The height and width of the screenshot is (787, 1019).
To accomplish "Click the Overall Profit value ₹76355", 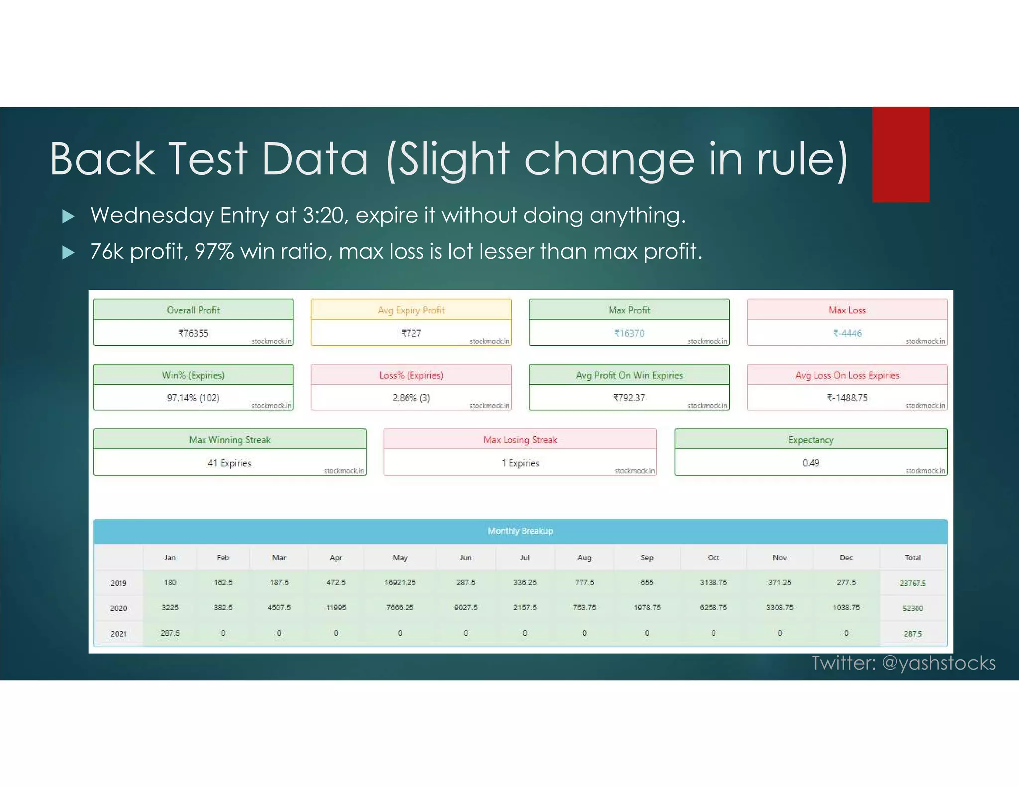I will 193,333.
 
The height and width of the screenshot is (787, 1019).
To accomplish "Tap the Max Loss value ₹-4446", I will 847,333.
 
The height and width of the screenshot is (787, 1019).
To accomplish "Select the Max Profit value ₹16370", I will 629,333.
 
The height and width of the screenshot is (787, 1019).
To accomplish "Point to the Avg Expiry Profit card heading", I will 411,310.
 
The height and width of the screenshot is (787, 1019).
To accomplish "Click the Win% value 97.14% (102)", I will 193,398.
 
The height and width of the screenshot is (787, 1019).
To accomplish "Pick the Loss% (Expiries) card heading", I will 411,375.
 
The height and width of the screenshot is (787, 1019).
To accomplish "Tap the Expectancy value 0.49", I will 811,463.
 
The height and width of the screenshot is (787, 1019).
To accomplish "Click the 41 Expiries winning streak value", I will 229,463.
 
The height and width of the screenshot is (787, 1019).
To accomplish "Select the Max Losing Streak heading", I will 520,440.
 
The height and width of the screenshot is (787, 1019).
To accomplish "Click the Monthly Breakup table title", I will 520,531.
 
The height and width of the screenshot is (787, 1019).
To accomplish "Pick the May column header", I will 400,558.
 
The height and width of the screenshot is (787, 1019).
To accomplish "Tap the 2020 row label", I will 118,608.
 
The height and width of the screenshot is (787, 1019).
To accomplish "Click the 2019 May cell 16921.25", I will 400,583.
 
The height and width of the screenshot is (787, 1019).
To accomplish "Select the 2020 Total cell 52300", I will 913,608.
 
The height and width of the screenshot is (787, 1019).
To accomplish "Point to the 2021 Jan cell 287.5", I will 170,633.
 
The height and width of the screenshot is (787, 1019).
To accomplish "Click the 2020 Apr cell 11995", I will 336,608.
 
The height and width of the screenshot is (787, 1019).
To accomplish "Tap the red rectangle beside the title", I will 901,155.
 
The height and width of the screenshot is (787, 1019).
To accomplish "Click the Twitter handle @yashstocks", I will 938,663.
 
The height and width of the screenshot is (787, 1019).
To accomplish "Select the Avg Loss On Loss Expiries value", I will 847,398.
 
